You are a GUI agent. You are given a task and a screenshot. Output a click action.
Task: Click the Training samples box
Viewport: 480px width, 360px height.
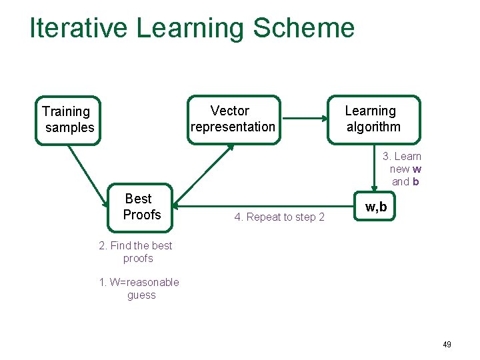(67, 119)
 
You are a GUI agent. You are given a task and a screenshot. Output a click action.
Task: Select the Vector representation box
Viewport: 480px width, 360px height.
(233, 119)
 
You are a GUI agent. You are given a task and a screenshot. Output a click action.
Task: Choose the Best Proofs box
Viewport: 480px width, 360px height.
(141, 207)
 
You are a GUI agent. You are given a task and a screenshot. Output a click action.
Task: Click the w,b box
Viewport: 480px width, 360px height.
(375, 207)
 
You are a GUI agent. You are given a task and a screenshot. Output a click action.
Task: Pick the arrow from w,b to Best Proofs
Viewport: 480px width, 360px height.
(267, 206)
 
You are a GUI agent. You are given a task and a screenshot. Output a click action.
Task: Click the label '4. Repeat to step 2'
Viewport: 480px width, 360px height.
(279, 217)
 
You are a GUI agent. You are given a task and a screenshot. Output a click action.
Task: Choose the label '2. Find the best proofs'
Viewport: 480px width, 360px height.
(136, 252)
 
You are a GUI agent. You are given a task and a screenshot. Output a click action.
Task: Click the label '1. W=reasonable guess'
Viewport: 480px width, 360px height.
(139, 289)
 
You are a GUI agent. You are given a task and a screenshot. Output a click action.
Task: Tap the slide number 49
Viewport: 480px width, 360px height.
(447, 345)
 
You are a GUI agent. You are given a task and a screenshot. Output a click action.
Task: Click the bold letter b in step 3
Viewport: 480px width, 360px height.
(415, 181)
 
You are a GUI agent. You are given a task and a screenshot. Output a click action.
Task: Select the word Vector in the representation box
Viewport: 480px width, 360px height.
(230, 111)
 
